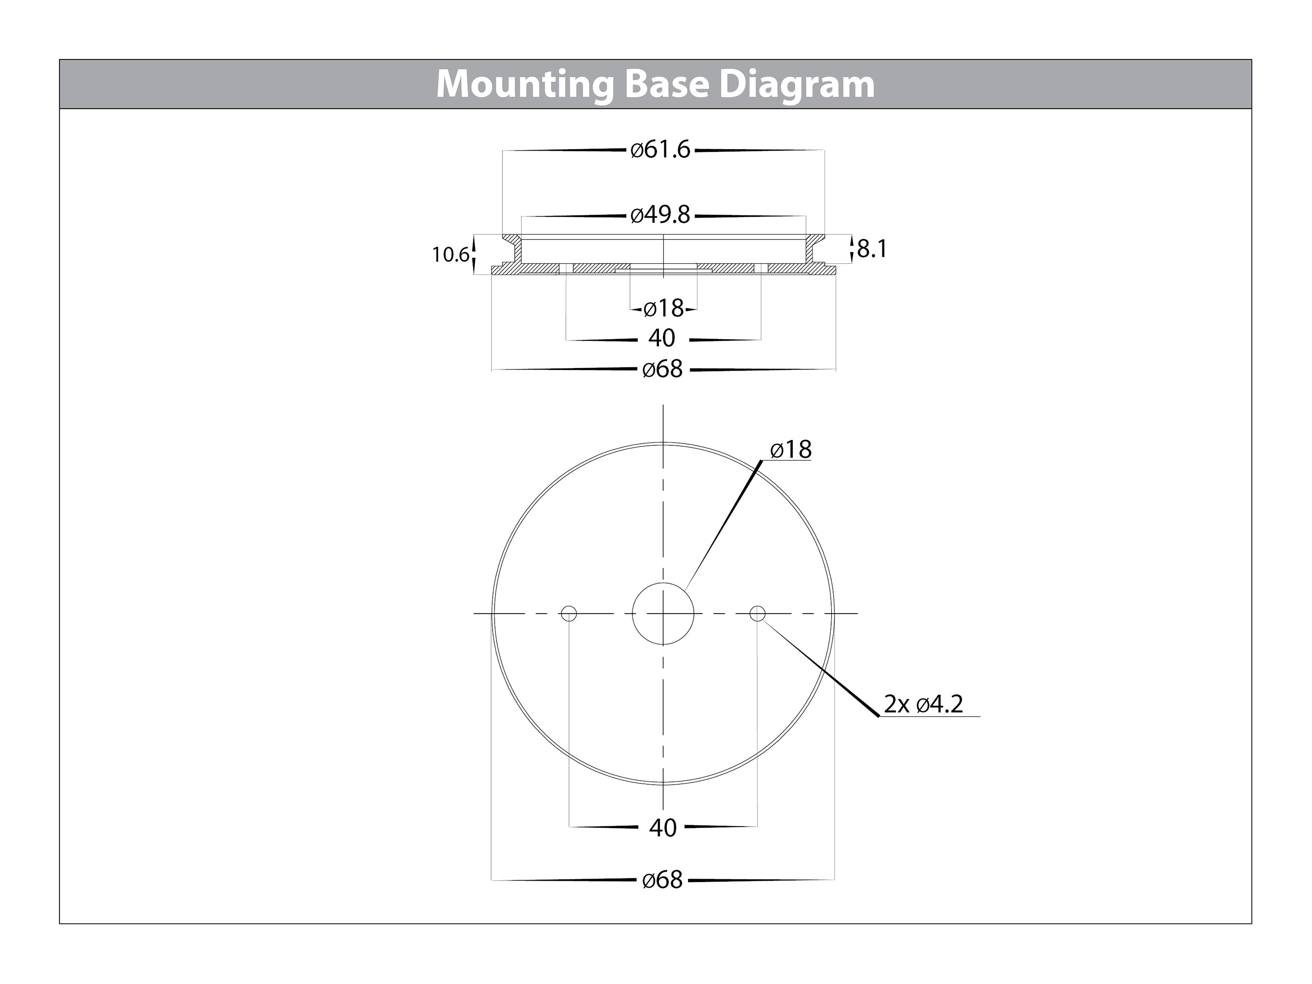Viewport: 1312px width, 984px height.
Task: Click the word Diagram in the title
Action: click(x=797, y=85)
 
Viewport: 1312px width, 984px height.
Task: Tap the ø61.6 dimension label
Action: click(x=661, y=150)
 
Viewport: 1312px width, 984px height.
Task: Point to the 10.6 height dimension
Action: click(x=450, y=255)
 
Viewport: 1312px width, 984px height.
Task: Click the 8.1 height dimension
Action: click(x=872, y=249)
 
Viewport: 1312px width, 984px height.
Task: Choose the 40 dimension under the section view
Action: click(x=662, y=338)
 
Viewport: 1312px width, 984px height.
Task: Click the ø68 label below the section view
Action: click(x=662, y=369)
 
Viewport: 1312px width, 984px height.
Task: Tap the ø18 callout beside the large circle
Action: click(x=791, y=450)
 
